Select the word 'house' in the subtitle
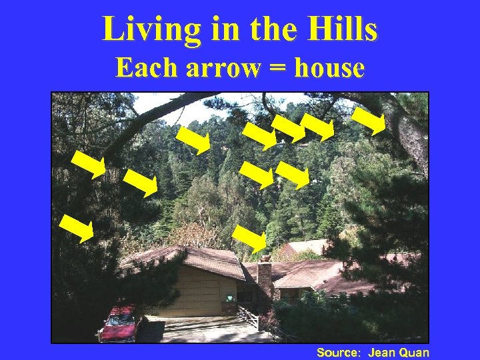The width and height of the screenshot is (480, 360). (329, 68)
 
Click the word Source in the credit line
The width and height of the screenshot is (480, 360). (337, 352)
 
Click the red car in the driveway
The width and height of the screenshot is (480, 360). (120, 323)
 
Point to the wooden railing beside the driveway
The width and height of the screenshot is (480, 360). (248, 317)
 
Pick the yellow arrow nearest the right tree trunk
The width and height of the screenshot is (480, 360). (369, 121)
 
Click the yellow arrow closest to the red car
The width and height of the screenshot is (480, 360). (76, 228)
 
